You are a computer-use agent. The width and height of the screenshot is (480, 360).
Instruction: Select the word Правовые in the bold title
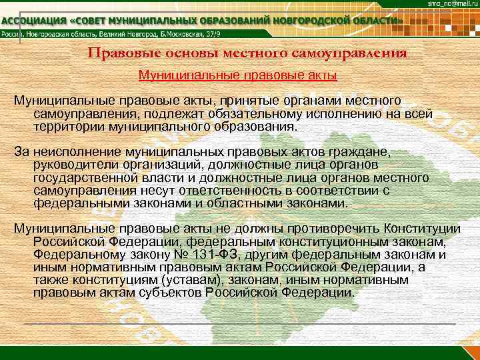(x=119, y=54)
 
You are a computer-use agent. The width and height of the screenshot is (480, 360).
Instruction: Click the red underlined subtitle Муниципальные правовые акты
(x=237, y=75)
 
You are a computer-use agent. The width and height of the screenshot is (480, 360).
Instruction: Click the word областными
(x=254, y=203)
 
